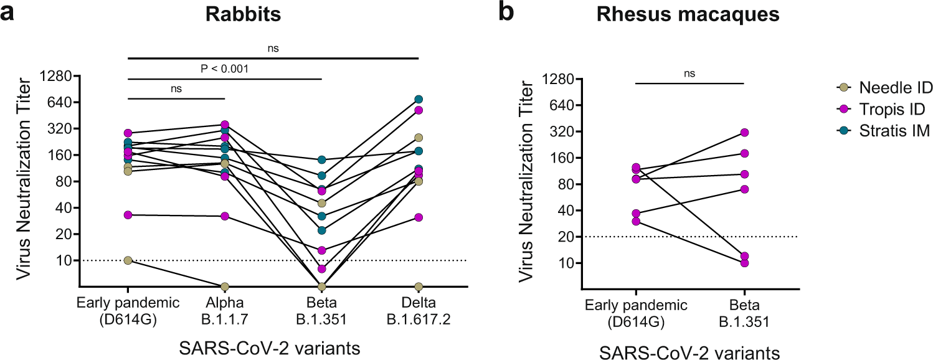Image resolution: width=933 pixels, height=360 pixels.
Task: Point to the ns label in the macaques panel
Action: [x=689, y=73]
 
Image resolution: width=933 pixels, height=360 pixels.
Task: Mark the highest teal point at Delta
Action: [x=419, y=99]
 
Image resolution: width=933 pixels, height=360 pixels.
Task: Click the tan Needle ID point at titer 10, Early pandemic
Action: [x=128, y=260]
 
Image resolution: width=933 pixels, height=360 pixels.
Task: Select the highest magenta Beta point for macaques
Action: [x=744, y=133]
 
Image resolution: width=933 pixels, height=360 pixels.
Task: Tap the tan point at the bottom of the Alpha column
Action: [x=225, y=287]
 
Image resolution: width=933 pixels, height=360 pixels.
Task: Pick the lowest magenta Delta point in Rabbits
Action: [x=419, y=217]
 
